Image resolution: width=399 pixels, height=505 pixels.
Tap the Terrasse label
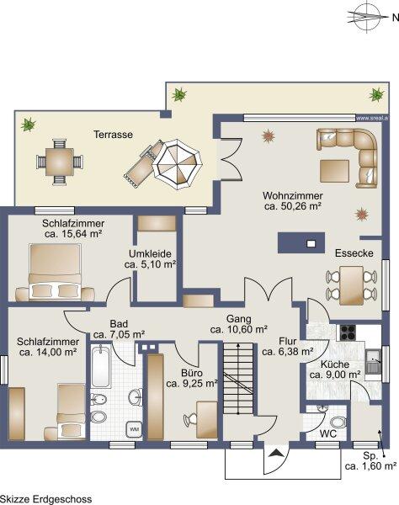pyautogui.click(x=113, y=135)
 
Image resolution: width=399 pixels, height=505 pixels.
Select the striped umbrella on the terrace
pyautogui.click(x=178, y=164)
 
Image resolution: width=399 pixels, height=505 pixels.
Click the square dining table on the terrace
pyautogui.click(x=60, y=162)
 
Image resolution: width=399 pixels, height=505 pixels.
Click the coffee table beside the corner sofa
pyautogui.click(x=334, y=171)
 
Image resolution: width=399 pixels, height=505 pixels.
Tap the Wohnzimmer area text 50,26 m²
pyautogui.click(x=293, y=206)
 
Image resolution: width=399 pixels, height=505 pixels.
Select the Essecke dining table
pyautogui.click(x=351, y=285)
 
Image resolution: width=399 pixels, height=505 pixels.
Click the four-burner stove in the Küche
pyautogui.click(x=348, y=332)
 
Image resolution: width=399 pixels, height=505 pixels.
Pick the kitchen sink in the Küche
pyautogui.click(x=373, y=361)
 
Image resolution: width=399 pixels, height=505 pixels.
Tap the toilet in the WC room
pyautogui.click(x=338, y=423)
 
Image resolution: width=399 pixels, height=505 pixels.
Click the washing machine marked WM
pyautogui.click(x=134, y=429)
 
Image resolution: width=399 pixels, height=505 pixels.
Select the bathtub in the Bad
pyautogui.click(x=101, y=366)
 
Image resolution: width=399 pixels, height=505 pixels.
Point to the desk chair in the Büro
pyautogui.click(x=190, y=420)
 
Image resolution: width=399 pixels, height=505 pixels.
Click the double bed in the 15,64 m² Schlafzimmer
pyautogui.click(x=55, y=272)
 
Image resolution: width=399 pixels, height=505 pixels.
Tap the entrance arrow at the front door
pyautogui.click(x=276, y=454)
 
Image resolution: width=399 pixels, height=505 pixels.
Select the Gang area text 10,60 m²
pyautogui.click(x=238, y=330)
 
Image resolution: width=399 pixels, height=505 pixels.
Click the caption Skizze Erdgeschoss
pyautogui.click(x=46, y=499)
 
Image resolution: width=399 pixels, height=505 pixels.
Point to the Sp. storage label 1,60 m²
pyautogui.click(x=370, y=461)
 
